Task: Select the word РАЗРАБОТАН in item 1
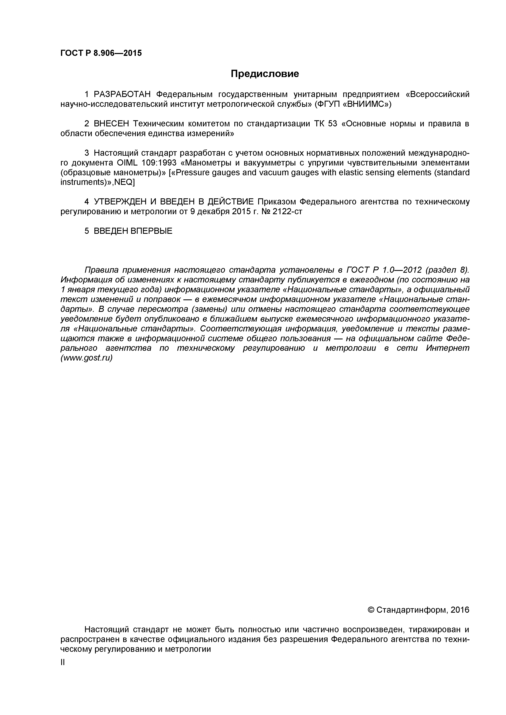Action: click(122, 94)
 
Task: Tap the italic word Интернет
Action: click(448, 348)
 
